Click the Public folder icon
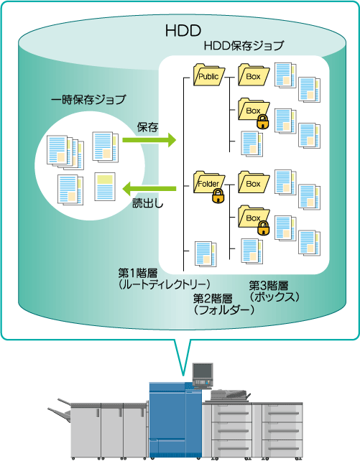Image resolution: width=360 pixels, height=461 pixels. tap(209, 75)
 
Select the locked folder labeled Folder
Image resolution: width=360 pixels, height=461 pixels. tap(209, 183)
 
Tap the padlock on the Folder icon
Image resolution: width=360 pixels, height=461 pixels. tap(218, 196)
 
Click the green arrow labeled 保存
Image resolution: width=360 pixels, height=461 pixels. tap(149, 139)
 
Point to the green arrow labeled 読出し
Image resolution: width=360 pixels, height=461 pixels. tap(149, 189)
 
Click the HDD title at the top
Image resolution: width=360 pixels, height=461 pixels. tap(183, 31)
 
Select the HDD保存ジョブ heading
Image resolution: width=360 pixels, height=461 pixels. tap(244, 45)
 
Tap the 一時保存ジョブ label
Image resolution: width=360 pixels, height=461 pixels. tap(88, 100)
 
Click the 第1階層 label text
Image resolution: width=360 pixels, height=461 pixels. tap(138, 273)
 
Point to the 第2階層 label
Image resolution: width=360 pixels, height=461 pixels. tap(213, 299)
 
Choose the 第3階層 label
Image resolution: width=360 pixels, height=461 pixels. tap(269, 286)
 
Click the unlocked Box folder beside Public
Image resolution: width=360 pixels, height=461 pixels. tap(254, 75)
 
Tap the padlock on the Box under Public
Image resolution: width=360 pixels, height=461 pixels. tap(263, 122)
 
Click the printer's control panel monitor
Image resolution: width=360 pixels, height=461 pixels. tap(203, 371)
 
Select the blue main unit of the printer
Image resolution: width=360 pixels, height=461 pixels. tap(175, 419)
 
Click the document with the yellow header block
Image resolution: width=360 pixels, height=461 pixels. tap(105, 187)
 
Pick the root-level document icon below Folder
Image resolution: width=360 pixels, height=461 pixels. tap(206, 254)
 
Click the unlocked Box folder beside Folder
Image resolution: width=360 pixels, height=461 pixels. tap(254, 183)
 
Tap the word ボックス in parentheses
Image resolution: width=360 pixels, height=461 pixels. tap(274, 297)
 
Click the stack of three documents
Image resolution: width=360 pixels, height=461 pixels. tap(65, 152)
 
